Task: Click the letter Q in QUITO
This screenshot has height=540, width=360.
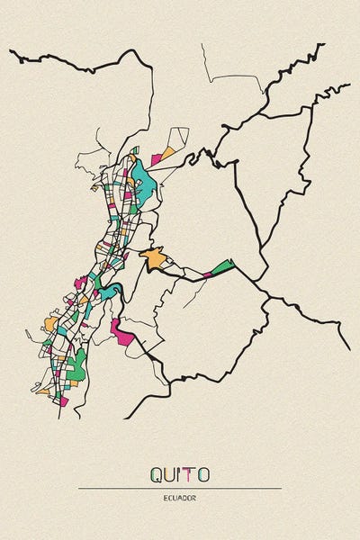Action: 156,473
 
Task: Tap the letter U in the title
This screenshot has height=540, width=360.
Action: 170,473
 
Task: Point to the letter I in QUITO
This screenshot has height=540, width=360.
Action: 180,473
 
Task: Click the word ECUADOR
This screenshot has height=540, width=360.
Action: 180,497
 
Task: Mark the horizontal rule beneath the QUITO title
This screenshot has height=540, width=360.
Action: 180,488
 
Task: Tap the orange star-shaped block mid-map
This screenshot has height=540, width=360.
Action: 154,259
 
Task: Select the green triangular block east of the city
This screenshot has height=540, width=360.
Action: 222,266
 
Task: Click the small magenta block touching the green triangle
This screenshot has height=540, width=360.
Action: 207,273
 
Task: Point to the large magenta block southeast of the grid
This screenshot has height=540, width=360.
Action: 121,330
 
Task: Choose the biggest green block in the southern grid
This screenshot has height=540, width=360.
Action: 78,364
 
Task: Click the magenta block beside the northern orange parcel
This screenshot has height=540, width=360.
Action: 156,160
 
